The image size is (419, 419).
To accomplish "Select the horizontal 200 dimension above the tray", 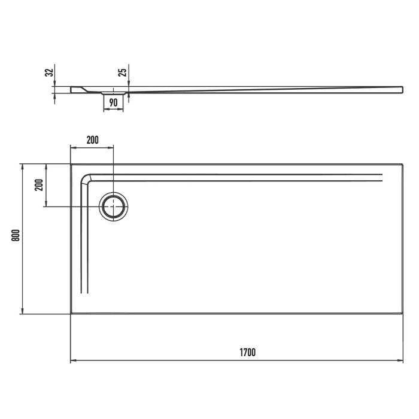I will click(x=92, y=140).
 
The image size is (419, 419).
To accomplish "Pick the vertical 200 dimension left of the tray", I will click(x=39, y=184).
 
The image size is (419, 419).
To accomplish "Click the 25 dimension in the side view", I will click(x=122, y=73).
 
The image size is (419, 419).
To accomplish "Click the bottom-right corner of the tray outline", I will click(x=402, y=313).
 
